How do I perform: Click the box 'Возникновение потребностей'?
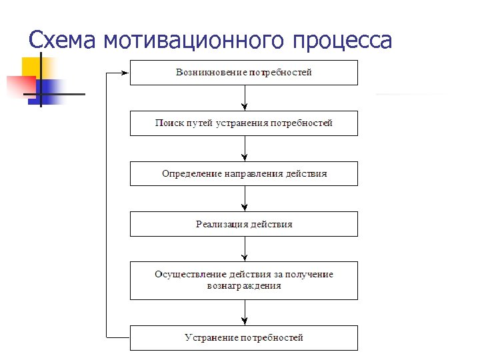[243, 72]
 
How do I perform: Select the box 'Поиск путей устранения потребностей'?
[243, 123]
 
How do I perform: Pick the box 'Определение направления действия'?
[243, 173]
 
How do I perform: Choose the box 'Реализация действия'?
[243, 224]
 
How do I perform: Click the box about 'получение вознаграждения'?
[243, 280]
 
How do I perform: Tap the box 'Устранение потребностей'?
[243, 337]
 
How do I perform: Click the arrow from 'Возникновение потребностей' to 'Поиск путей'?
[245, 97]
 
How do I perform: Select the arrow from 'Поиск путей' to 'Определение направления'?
[245, 148]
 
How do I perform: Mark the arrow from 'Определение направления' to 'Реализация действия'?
[245, 198]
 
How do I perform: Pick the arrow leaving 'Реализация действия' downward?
[245, 249]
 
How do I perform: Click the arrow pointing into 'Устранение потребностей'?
[245, 312]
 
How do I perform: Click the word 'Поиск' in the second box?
[168, 123]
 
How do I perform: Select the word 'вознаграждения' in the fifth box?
[243, 286]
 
